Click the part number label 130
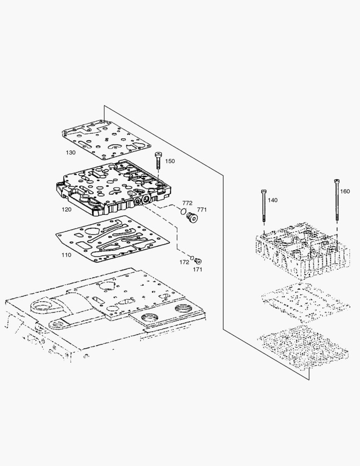tap(70, 153)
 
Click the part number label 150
tap(170, 161)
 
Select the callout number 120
tap(66, 209)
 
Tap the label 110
tap(66, 255)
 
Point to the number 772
tap(187, 203)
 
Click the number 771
tap(202, 210)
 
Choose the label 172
tap(185, 262)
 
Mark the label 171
tap(197, 269)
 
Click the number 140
tap(272, 200)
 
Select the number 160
tap(345, 191)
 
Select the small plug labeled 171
tap(199, 261)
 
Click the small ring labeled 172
tap(192, 258)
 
